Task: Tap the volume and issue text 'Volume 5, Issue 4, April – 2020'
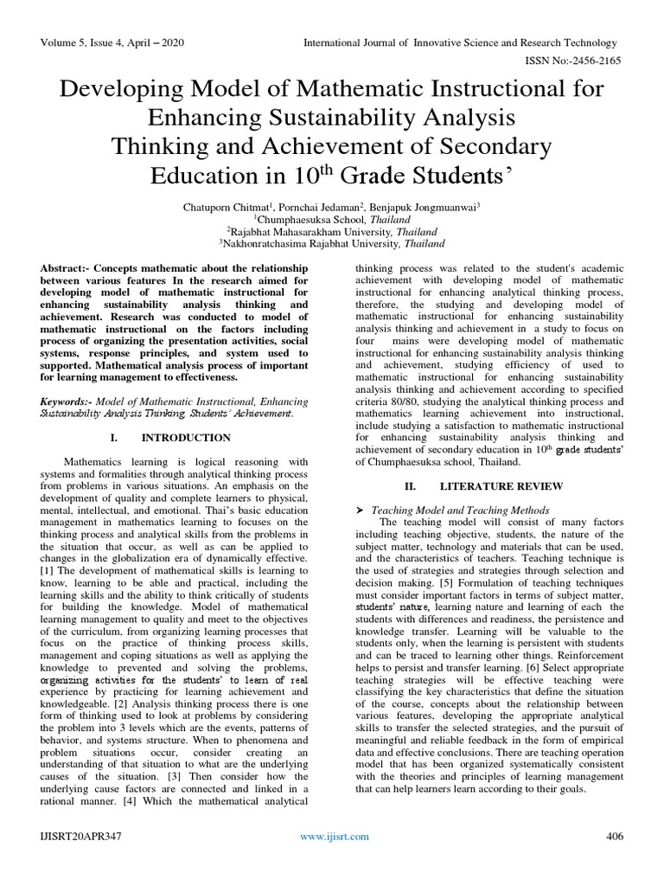point(112,42)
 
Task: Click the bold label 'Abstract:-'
point(72,271)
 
